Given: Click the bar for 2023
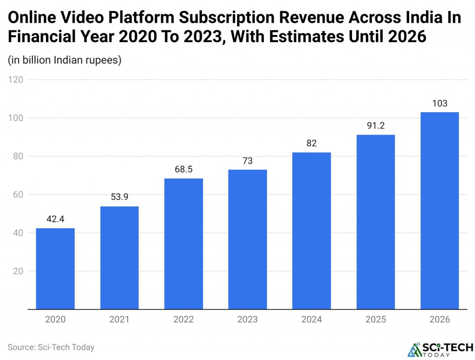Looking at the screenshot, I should point(247,239).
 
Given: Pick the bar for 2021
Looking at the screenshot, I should point(119,257).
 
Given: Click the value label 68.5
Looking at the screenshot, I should point(183,169).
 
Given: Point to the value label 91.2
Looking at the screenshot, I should point(375,126).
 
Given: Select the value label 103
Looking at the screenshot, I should point(439,103).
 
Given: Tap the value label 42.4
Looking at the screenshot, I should point(55,219).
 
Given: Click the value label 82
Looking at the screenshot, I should point(311,143).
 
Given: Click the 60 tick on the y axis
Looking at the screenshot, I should point(18,194).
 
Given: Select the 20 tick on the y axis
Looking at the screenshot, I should point(18,271).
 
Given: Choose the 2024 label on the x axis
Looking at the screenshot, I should point(311,319).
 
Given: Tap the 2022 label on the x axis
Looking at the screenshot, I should point(183,319).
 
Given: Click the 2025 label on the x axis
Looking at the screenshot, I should point(375,319).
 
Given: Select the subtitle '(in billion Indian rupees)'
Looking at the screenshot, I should point(64,60).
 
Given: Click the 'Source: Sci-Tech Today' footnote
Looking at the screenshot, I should point(51,347).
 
